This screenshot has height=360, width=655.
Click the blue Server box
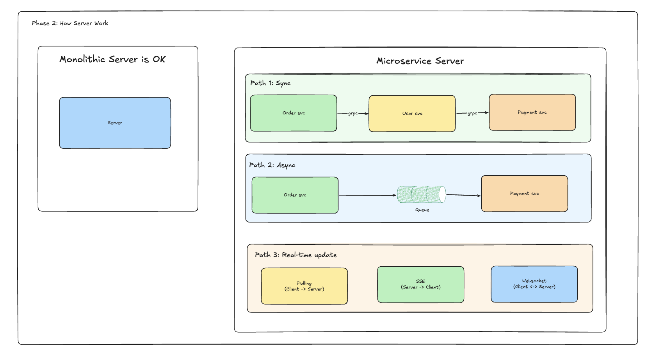[115, 123]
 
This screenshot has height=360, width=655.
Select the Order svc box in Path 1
[293, 113]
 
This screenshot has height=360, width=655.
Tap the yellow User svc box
[412, 114]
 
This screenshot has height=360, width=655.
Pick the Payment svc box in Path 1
[532, 112]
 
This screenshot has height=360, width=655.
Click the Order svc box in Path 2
[295, 195]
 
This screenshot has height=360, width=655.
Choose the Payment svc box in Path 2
[525, 194]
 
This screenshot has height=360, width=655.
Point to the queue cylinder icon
[422, 194]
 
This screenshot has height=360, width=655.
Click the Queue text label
[422, 210]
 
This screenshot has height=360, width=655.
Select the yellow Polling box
[304, 286]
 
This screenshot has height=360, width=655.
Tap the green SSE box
[420, 284]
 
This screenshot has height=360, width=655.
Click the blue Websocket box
[534, 284]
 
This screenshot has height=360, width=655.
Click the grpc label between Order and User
[353, 114]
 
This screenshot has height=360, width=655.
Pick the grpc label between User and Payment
[472, 113]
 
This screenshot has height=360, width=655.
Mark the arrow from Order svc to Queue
[368, 195]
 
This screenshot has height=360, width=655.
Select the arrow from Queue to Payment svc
[463, 195]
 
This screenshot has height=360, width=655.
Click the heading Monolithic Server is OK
[112, 59]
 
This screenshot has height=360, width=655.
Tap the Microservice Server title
[420, 61]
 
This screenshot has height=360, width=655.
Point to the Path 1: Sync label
[271, 83]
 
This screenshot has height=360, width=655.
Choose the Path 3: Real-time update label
[296, 255]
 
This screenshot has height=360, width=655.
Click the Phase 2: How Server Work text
[70, 23]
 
